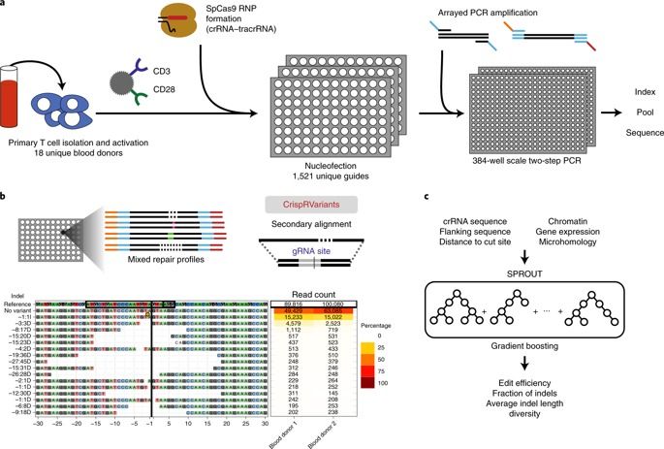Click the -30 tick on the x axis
pyautogui.click(x=36, y=423)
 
